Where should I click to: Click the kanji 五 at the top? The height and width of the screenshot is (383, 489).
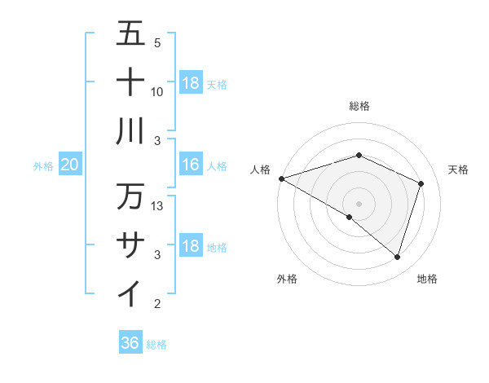pos(130,33)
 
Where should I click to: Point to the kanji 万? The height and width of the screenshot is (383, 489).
pos(130,196)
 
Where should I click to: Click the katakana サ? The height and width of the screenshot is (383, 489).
pos(130,244)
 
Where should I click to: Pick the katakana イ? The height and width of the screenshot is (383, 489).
pos(130,293)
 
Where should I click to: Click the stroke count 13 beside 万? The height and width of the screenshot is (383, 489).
pos(158,206)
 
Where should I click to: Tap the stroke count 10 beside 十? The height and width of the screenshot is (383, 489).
pos(158,91)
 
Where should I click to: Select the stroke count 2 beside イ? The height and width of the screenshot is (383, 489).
pos(157,304)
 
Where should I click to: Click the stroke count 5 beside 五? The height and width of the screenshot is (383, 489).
pos(157,42)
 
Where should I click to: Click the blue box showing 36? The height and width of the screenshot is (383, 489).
pos(130,343)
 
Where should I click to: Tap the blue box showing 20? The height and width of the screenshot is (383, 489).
pos(69,165)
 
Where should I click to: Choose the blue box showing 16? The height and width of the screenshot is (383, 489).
pos(190,165)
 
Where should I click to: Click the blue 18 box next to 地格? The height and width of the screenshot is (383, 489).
pos(190,246)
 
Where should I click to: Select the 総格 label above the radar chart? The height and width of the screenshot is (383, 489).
pos(359,106)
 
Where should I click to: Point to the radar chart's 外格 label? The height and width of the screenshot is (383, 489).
pos(287,279)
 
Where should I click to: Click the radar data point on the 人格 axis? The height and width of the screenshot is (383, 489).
pos(281,178)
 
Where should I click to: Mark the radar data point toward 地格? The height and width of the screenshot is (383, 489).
pos(397,258)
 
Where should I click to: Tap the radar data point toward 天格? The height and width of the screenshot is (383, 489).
pos(421,183)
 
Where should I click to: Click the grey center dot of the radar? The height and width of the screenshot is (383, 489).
pos(359,203)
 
